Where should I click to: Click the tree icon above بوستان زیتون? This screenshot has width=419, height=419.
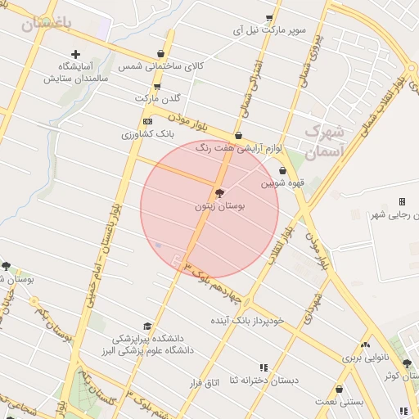[x=219, y=193]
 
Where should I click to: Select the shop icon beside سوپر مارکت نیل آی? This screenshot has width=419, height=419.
[x=269, y=17]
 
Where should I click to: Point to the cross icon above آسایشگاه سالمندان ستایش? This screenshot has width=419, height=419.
[x=75, y=53]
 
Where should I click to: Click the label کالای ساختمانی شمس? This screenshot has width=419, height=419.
[x=160, y=65]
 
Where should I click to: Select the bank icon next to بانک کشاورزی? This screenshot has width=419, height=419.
[x=147, y=121]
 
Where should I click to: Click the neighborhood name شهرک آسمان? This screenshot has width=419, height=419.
[x=325, y=141]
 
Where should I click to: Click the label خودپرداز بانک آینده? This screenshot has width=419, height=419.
[x=250, y=320]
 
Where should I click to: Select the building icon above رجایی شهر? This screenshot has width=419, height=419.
[x=402, y=201]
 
